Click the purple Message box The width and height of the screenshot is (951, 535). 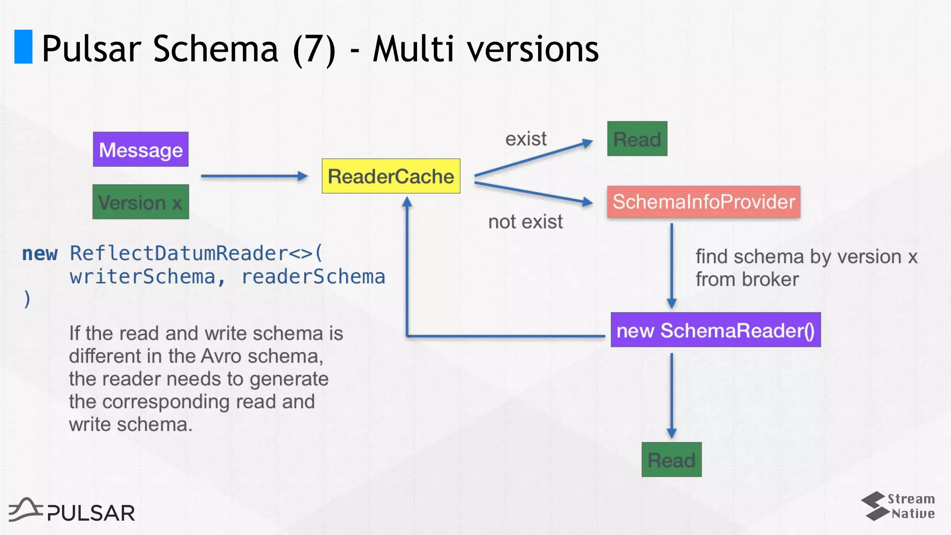click(x=141, y=150)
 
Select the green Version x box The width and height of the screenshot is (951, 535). click(x=141, y=202)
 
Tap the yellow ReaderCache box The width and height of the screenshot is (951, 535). click(x=391, y=176)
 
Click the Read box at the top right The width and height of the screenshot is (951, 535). click(x=637, y=139)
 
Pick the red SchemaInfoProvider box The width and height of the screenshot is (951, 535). click(x=703, y=202)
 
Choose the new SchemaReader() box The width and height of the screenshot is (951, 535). click(x=716, y=330)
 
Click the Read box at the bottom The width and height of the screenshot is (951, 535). click(x=671, y=460)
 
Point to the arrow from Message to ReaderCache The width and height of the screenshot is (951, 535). click(x=253, y=176)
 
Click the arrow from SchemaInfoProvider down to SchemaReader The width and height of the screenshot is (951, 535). click(x=671, y=265)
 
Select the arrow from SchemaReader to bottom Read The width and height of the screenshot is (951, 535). click(x=671, y=395)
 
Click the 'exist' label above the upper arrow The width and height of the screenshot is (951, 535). click(x=526, y=139)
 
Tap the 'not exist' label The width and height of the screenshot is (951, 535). click(x=525, y=222)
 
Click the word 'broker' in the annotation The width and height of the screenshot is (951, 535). click(x=770, y=280)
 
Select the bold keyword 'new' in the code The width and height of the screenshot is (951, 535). click(x=40, y=254)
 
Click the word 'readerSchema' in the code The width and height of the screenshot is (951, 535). click(x=313, y=277)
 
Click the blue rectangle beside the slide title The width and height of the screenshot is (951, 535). click(x=23, y=46)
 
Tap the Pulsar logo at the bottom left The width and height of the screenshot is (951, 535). click(x=72, y=511)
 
